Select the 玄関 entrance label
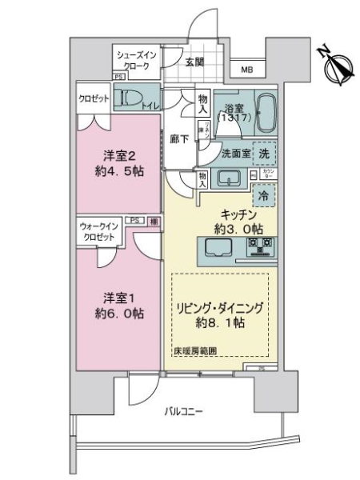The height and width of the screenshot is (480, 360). (195, 62)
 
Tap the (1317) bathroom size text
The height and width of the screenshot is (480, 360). (236, 118)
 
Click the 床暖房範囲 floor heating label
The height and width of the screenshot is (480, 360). (194, 350)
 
